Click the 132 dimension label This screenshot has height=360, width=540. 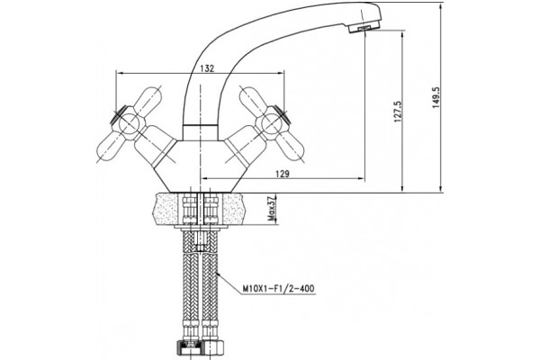pos(207,68)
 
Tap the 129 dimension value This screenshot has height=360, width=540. pos(283,174)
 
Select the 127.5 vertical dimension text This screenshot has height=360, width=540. pos(398,112)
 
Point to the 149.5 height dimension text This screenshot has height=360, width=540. pos(436,97)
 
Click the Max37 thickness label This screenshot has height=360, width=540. pos(272,209)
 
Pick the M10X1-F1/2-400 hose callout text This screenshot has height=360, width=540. pos(279,288)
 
